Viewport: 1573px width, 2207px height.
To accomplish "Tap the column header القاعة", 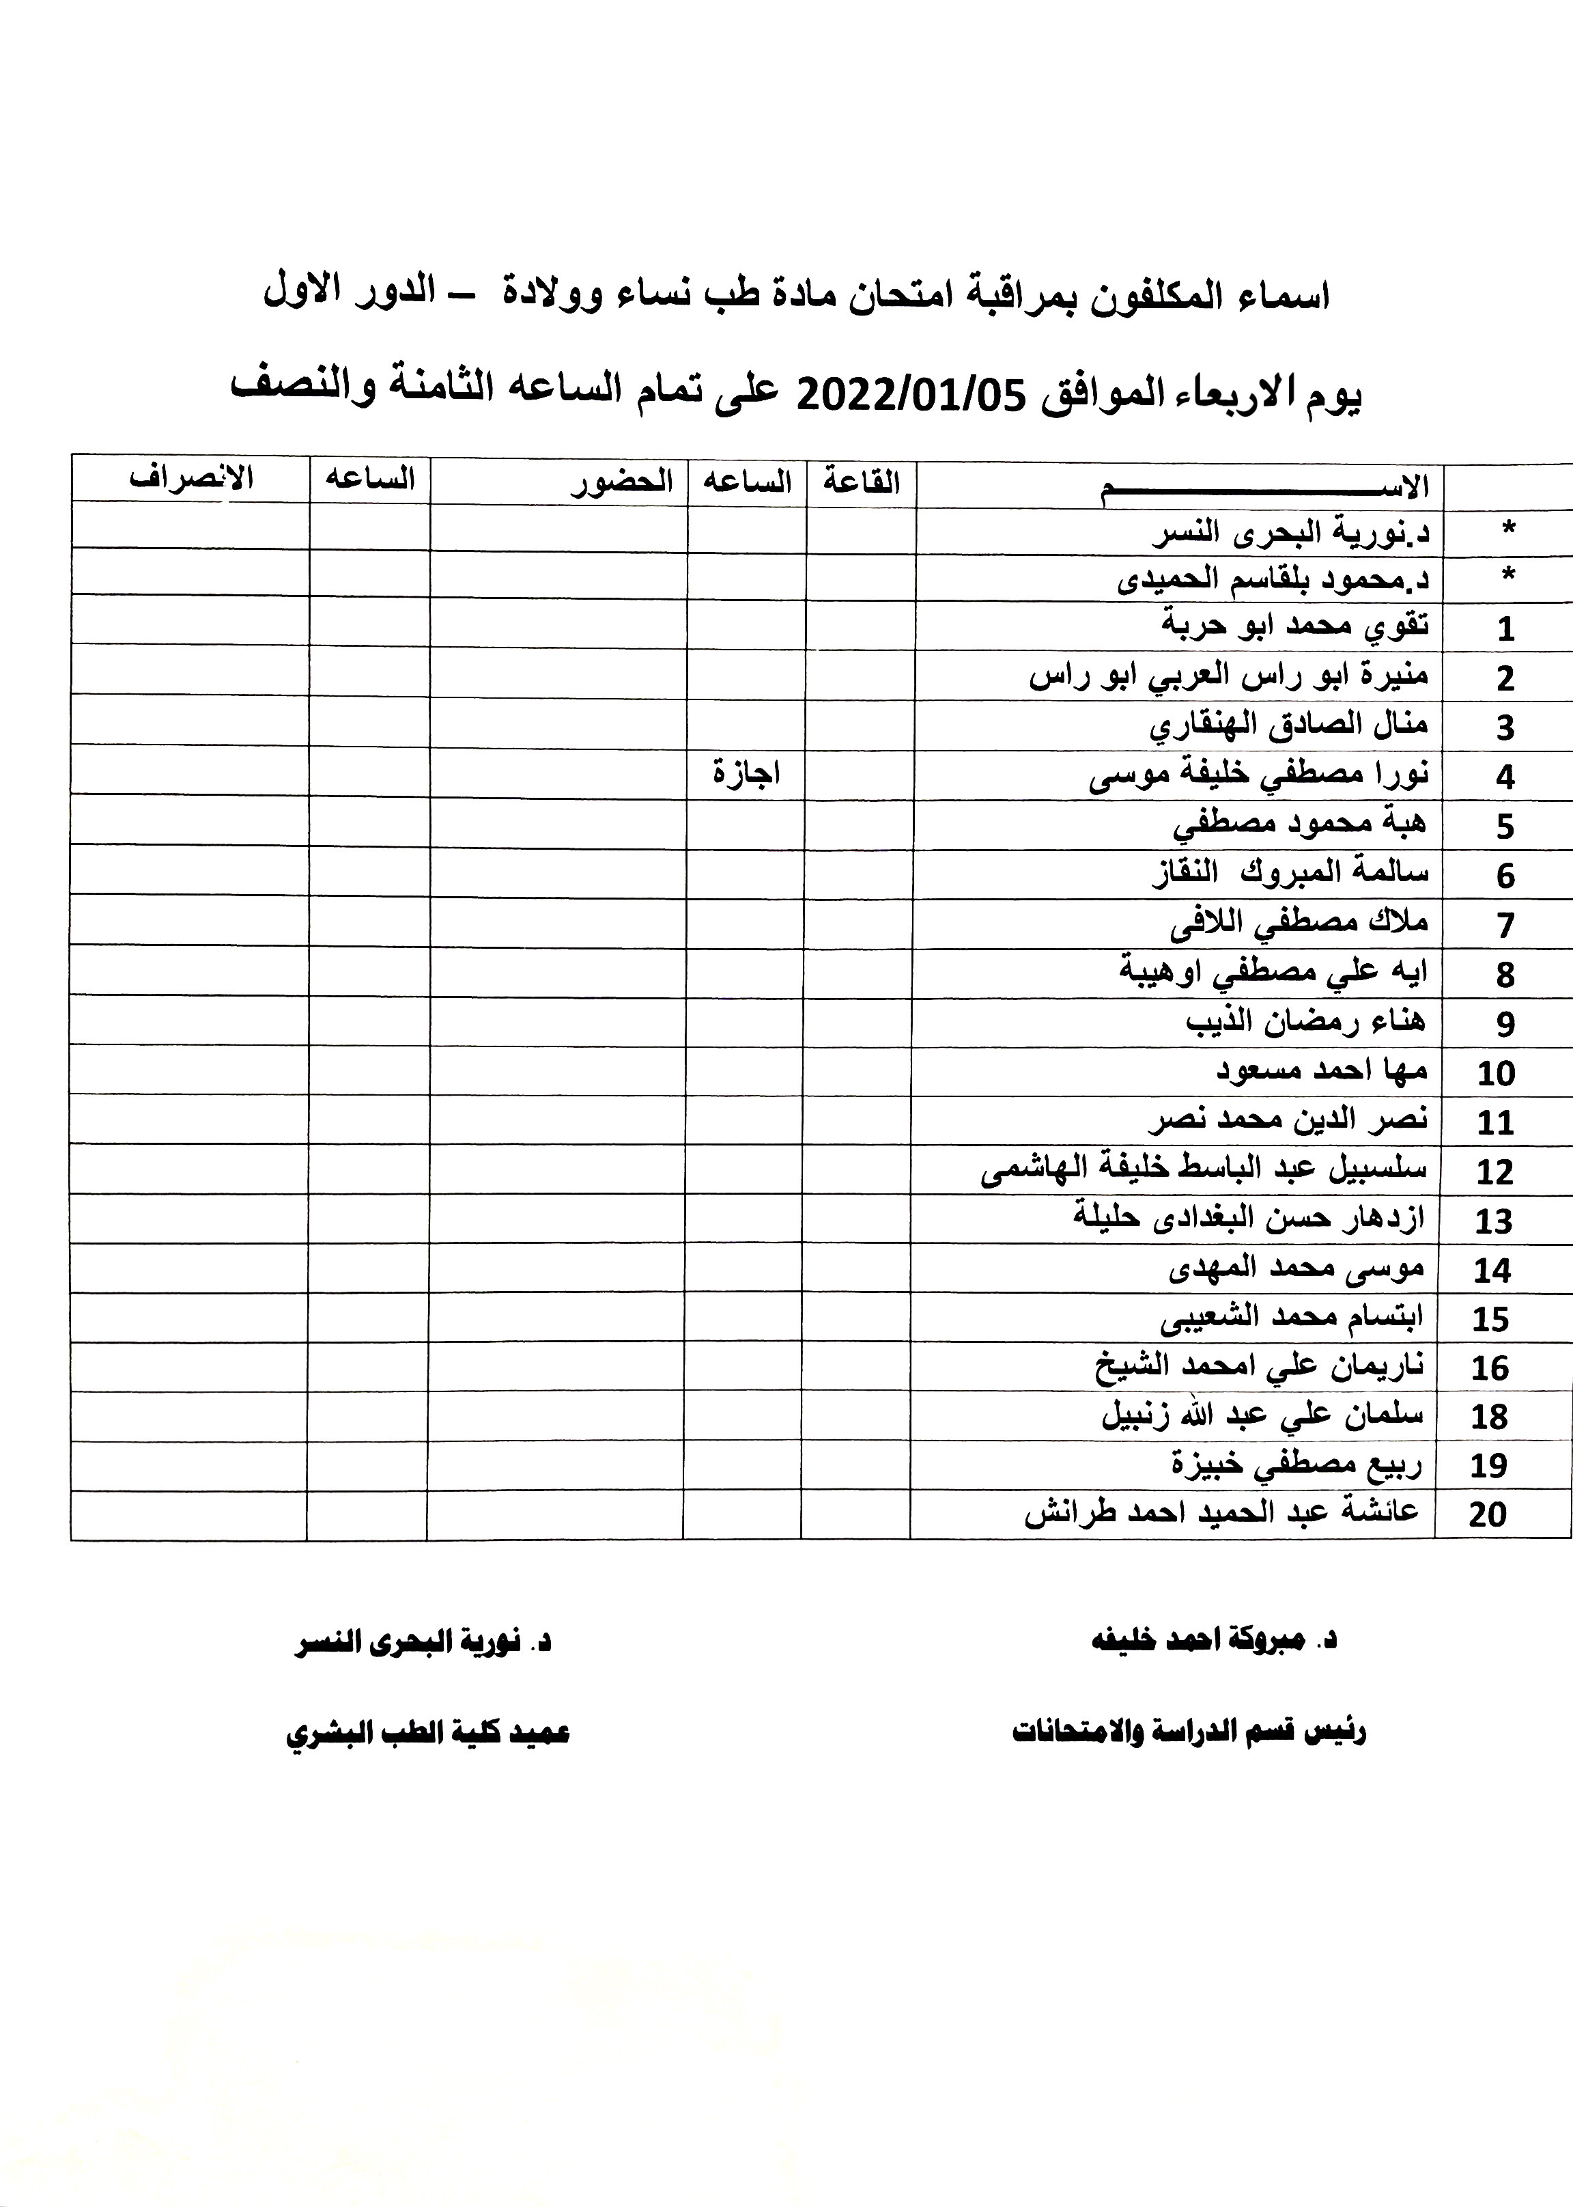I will tap(861, 482).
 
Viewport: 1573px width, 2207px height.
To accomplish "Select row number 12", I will tap(1494, 1172).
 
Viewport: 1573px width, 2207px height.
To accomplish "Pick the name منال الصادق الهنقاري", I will tap(1288, 725).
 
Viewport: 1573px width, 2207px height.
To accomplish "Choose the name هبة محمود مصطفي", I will tap(1300, 824).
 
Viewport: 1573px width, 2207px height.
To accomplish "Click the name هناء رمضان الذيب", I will tap(1305, 1021).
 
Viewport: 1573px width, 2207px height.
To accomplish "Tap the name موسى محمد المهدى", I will tap(1296, 1267).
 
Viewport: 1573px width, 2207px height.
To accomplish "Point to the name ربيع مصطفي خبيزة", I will tap(1296, 1465).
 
